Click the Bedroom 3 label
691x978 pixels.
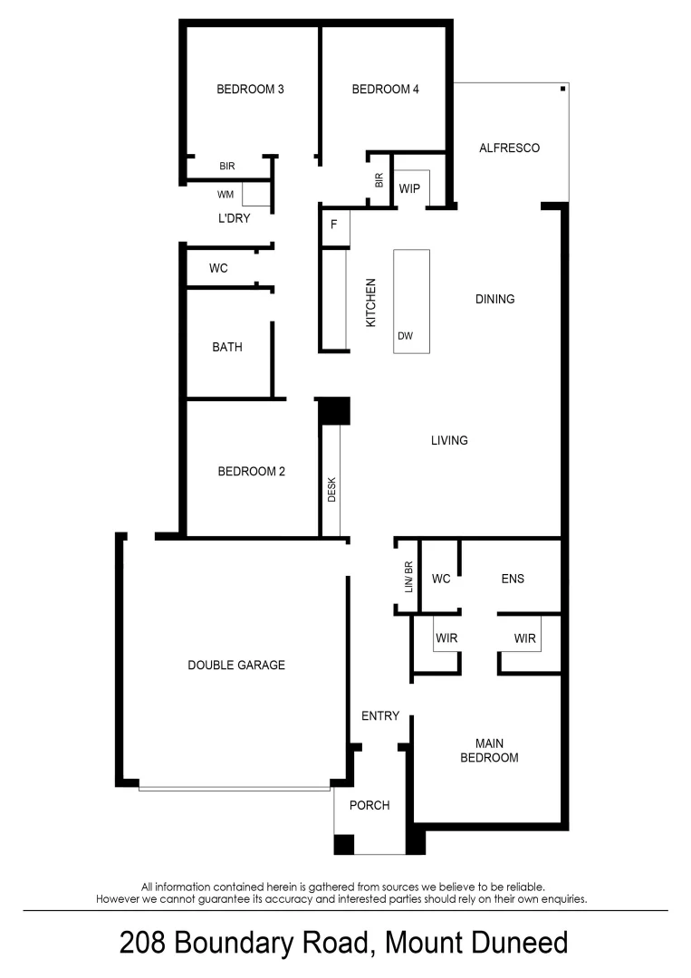pos(250,90)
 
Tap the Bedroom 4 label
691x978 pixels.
pos(385,90)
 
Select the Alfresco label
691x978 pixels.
pos(509,148)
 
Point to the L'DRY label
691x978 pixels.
pos(234,218)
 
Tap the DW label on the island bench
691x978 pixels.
pos(405,337)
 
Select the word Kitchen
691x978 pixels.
pos(370,302)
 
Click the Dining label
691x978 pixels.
pos(494,299)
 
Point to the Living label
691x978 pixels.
pos(449,441)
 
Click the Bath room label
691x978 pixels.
pos(227,347)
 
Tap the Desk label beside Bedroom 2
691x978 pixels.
pos(331,490)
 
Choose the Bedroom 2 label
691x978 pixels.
pos(252,472)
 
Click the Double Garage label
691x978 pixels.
pos(236,666)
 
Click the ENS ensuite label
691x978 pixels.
pos(513,579)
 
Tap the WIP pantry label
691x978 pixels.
pos(411,189)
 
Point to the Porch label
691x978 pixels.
pos(369,805)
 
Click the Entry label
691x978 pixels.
pos(380,716)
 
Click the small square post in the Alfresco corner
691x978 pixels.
pos(563,89)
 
